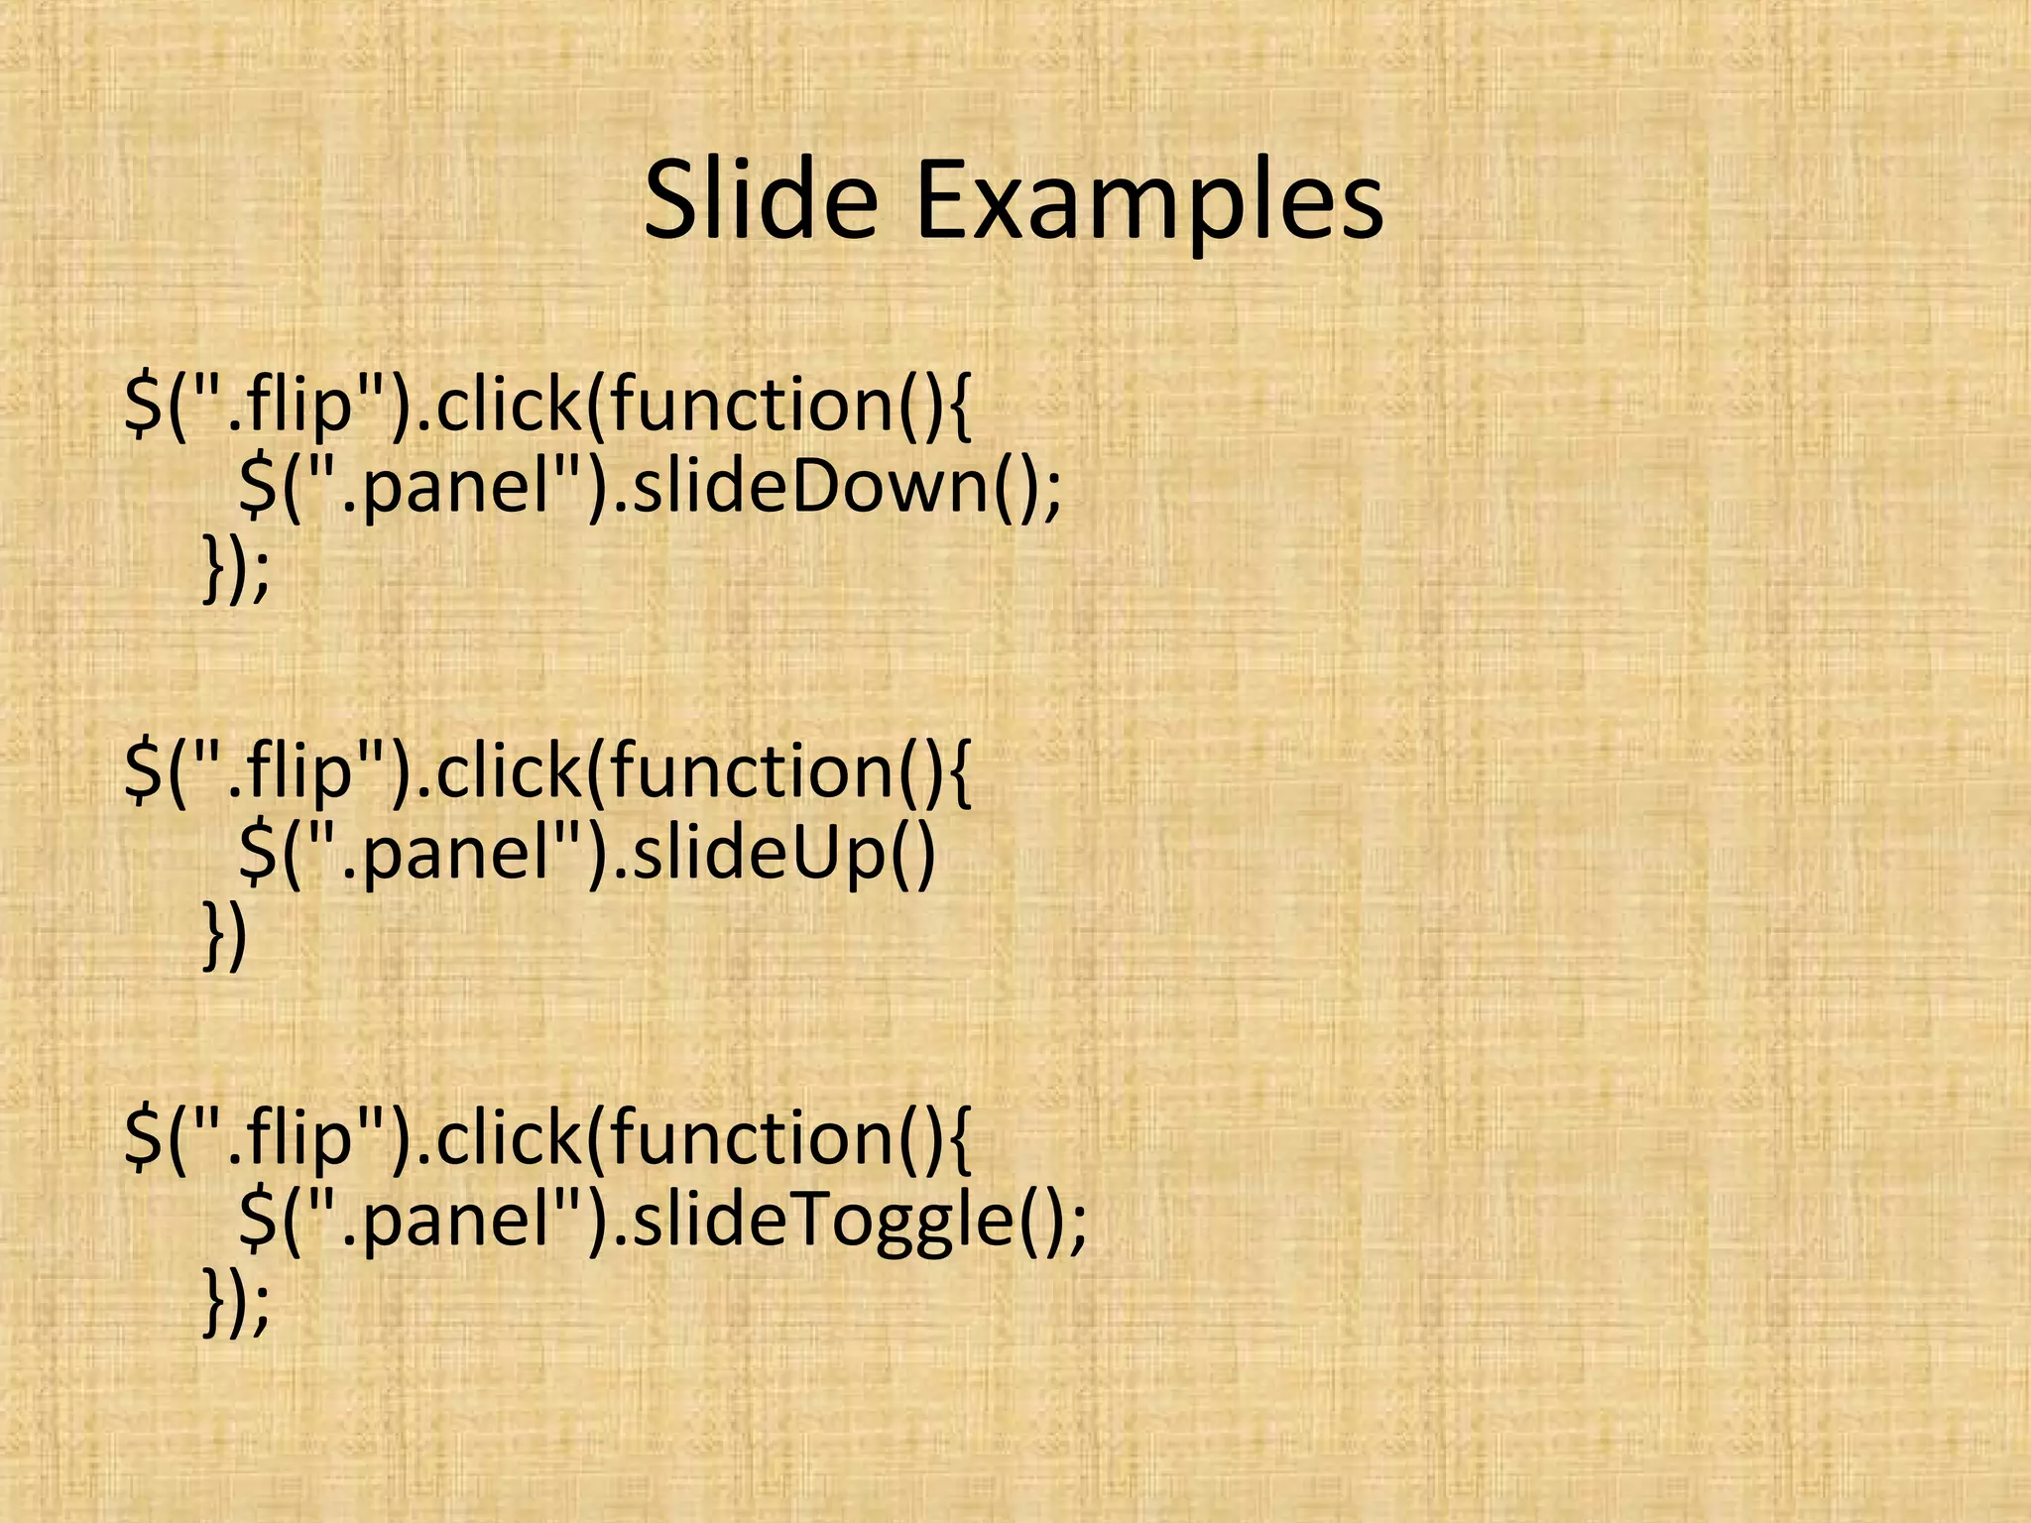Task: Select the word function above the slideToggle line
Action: [x=754, y=1137]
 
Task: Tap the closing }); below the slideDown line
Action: [x=235, y=569]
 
